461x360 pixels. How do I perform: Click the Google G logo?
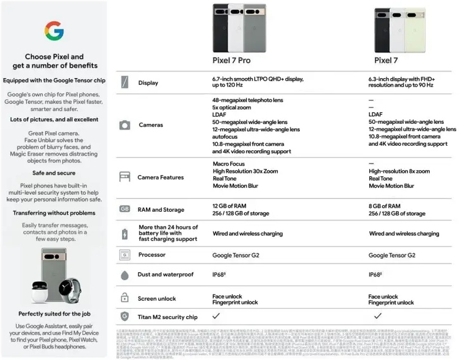pyautogui.click(x=54, y=30)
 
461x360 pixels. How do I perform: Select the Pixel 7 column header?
pyautogui.click(x=387, y=60)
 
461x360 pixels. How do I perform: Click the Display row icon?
pyautogui.click(x=125, y=82)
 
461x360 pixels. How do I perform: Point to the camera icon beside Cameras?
pyautogui.click(x=125, y=125)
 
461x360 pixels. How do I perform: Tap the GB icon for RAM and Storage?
pyautogui.click(x=125, y=209)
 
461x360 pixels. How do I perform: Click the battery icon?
pyautogui.click(x=125, y=233)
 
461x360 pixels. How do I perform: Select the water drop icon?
pyautogui.click(x=125, y=275)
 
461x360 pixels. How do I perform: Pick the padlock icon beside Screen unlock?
pyautogui.click(x=125, y=298)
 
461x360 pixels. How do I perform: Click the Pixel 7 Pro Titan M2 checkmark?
pyautogui.click(x=216, y=316)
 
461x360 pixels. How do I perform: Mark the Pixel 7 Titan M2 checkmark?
pyautogui.click(x=378, y=316)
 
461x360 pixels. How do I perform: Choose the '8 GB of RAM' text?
pyautogui.click(x=385, y=206)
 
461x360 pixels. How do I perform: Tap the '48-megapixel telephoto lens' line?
pyautogui.click(x=248, y=100)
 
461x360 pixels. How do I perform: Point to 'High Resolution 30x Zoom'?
pyautogui.click(x=245, y=171)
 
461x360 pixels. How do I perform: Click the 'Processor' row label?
pyautogui.click(x=152, y=255)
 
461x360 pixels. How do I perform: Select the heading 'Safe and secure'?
pyautogui.click(x=54, y=173)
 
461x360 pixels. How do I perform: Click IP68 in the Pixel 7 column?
pyautogui.click(x=374, y=275)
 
